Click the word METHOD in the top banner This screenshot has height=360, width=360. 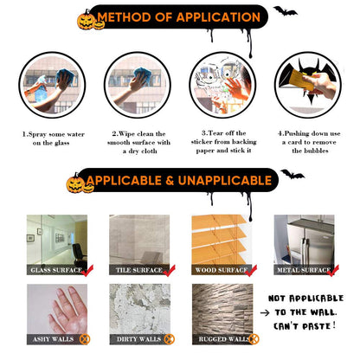[125, 17]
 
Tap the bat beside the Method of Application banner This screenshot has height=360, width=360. [285, 11]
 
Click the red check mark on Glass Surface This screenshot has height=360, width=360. [87, 270]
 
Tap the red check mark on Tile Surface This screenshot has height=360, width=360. [170, 271]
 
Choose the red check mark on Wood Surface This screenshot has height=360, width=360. [251, 271]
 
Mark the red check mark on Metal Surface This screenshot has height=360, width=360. [333, 271]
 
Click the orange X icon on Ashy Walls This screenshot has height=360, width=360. [85, 339]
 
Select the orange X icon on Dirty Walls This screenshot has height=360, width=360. [170, 339]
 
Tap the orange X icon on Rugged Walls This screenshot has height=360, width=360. [254, 339]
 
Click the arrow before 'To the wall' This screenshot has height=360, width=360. [265, 312]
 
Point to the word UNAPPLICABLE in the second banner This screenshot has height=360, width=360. [225, 181]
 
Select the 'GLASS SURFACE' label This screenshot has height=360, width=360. [56, 270]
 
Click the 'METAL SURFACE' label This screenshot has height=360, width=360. [304, 270]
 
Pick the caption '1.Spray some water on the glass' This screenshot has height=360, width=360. [53, 138]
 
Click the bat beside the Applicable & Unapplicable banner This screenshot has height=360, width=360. [292, 174]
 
